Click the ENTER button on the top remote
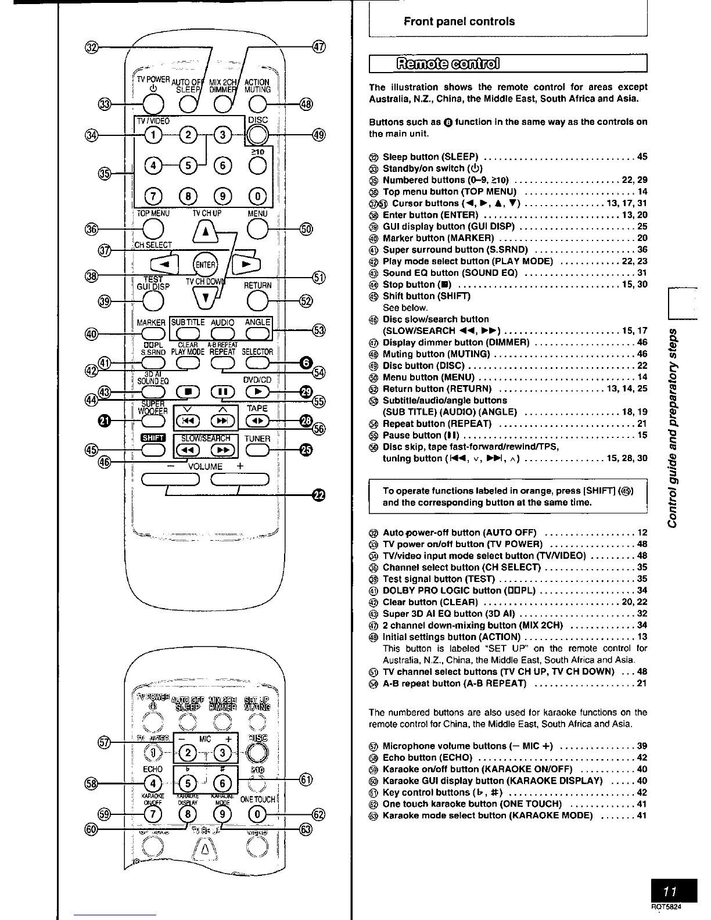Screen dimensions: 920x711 tap(205, 265)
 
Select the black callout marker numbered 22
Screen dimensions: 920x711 tap(319, 494)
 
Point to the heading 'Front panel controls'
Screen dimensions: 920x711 tap(459, 21)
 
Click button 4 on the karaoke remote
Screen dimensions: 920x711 tap(153, 783)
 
